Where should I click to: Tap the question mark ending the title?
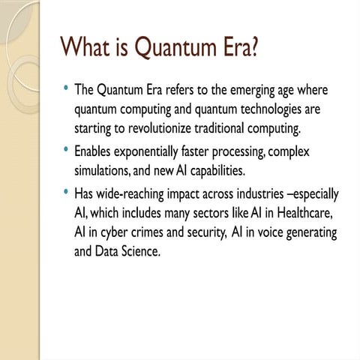pos(256,47)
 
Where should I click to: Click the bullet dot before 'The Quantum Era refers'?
pos(67,88)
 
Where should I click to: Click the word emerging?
pos(256,91)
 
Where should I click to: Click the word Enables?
pos(94,152)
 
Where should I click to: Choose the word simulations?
pos(103,172)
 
